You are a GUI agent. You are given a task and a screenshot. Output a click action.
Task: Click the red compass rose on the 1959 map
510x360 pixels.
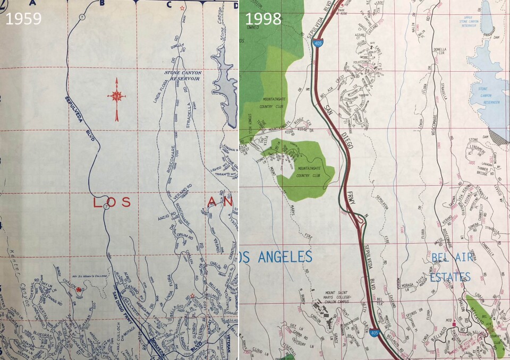click(117, 97)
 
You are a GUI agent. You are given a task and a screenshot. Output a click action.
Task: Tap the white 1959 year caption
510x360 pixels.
click(23, 19)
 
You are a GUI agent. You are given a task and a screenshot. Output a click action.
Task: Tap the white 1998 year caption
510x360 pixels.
click(262, 19)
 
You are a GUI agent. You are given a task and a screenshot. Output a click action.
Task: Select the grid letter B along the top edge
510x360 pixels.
click(102, 3)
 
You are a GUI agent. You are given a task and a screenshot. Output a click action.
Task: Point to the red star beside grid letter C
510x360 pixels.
click(183, 8)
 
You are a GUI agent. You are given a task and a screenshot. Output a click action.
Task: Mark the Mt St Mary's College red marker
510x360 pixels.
click(79, 289)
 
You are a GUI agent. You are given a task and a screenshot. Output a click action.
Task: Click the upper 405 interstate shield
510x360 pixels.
click(317, 43)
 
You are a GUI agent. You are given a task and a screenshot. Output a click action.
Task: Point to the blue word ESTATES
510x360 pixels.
click(450, 276)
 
